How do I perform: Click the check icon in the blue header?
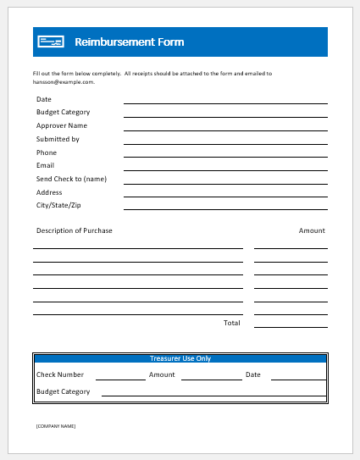[51, 42]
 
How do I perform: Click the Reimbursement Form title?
[129, 42]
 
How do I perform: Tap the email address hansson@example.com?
[64, 82]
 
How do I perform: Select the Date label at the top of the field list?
[43, 98]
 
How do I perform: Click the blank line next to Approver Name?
[225, 130]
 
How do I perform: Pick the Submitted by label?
[58, 139]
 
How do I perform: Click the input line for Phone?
[225, 157]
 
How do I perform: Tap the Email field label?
[45, 165]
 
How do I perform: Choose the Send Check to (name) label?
[71, 179]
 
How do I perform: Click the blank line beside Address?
[225, 197]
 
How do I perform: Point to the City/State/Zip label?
[58, 205]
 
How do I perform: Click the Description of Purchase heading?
[74, 230]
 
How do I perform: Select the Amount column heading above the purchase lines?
[312, 230]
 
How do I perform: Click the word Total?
[231, 323]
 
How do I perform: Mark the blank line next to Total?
[291, 326]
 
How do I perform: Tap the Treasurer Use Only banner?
[180, 358]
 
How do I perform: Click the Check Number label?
[60, 374]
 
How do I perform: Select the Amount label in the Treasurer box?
[162, 374]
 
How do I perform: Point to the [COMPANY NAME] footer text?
[56, 425]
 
